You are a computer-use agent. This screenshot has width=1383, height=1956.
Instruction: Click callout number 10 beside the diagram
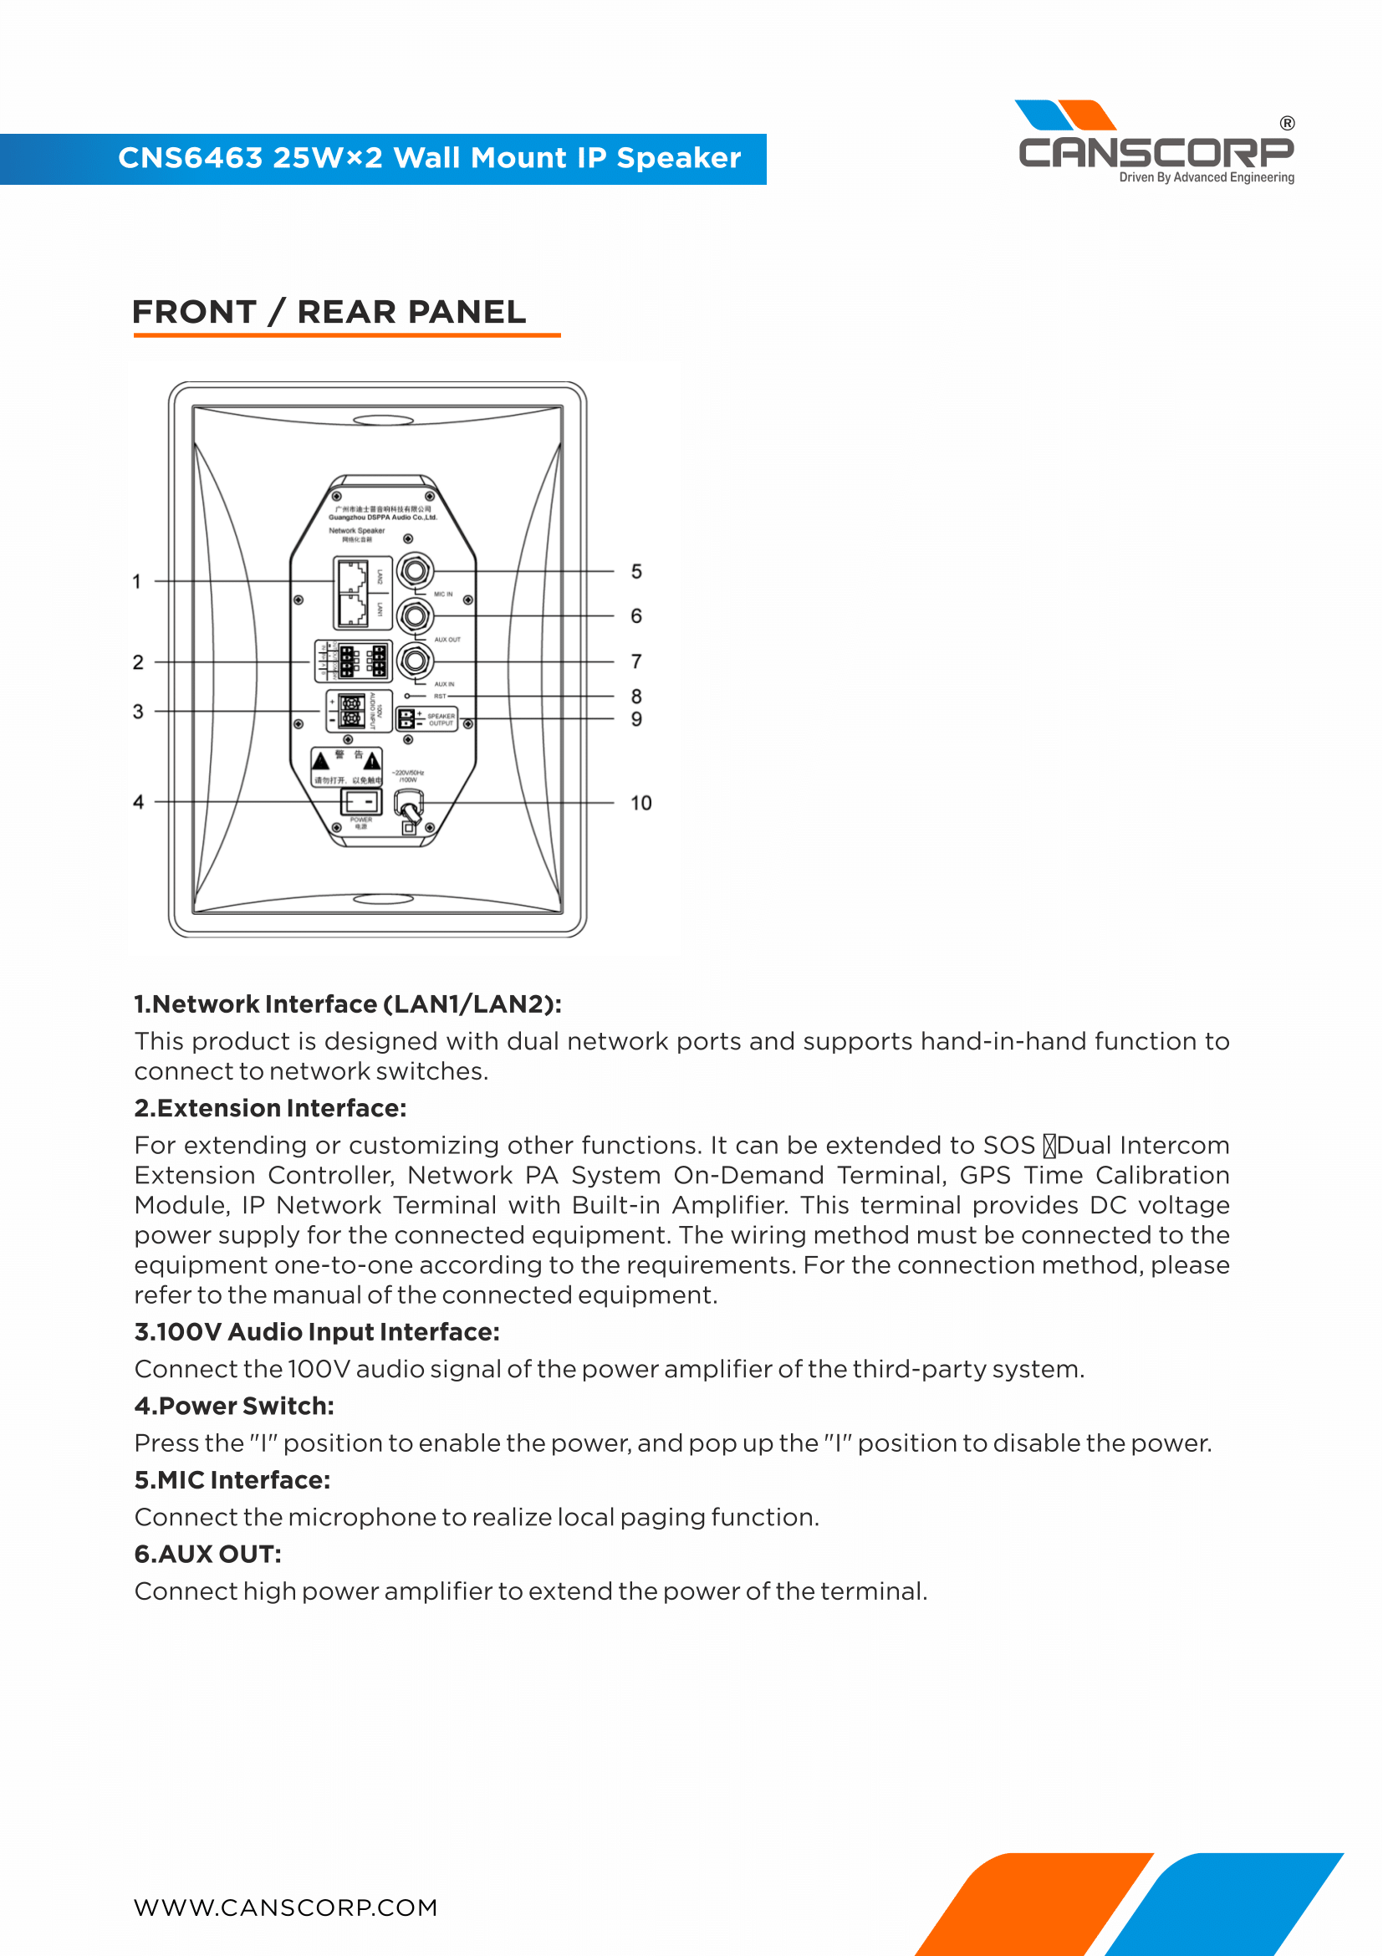coord(640,803)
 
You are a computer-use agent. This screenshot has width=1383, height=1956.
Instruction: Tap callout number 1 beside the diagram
coord(136,582)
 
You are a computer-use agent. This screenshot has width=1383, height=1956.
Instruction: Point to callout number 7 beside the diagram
coord(636,661)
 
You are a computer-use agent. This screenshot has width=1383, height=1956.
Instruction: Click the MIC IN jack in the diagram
coord(415,570)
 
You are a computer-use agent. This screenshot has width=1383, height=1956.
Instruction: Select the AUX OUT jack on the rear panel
coord(415,615)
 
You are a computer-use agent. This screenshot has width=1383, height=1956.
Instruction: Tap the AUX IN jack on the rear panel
coord(415,661)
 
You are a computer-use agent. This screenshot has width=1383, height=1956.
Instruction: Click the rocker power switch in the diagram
coord(361,802)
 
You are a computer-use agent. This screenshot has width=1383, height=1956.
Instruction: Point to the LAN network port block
coord(352,593)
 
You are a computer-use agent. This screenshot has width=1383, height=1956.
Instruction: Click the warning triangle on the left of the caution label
coord(321,760)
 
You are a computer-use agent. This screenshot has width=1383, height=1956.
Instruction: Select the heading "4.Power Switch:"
coord(234,1406)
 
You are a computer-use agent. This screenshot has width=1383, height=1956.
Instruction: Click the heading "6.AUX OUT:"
coord(208,1554)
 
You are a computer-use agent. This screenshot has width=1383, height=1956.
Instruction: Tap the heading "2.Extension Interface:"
coord(270,1107)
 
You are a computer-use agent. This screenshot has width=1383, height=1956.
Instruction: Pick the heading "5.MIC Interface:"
coord(232,1480)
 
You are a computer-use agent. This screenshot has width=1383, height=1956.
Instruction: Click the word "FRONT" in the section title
coord(194,312)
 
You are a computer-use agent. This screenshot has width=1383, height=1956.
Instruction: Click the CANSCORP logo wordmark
coord(1156,152)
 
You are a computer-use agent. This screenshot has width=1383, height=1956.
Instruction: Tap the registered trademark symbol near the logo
coord(1287,124)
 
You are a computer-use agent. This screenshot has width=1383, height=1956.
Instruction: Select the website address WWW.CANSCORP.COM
coord(285,1907)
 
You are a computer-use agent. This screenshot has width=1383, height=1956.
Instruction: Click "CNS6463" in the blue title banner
coord(190,158)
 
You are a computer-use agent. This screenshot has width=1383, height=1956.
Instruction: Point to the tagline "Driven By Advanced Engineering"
coord(1206,177)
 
